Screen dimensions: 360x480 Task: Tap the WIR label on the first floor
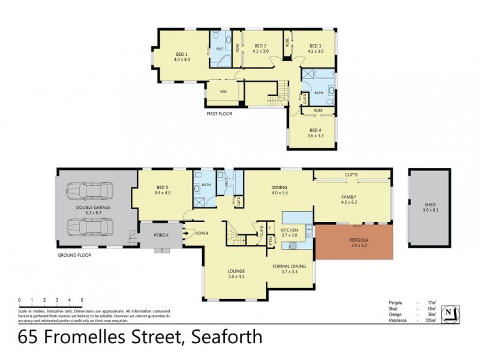coord(223,92)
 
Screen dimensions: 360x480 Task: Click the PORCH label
coord(160,235)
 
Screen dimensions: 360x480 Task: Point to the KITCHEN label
coord(293,230)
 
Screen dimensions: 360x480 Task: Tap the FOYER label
coord(202,233)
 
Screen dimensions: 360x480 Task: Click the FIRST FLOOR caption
coord(220,113)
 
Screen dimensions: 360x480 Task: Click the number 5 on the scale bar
coord(82,299)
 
